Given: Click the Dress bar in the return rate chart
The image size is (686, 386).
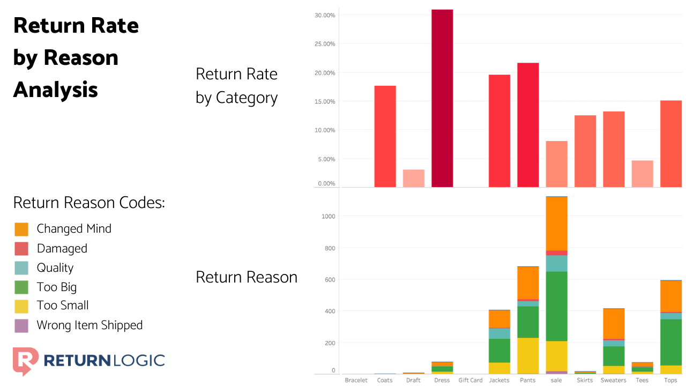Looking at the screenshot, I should tap(442, 99).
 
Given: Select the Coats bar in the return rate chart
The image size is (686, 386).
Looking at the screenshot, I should tap(385, 136).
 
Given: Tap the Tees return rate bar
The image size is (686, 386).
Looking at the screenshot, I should tap(642, 174).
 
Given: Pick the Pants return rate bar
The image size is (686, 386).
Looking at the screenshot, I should tap(528, 125).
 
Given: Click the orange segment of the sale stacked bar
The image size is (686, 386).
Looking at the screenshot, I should tap(556, 224).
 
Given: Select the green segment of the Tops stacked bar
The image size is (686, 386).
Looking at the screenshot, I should tap(670, 342).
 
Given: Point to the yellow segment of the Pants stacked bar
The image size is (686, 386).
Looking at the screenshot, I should tap(528, 355).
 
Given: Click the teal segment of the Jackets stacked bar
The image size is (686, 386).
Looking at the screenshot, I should tap(499, 333).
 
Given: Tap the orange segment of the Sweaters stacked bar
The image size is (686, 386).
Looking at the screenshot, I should tap(614, 323).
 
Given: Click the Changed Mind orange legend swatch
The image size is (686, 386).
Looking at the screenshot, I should tap(21, 229).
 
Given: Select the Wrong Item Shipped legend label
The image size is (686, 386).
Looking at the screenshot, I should tap(90, 325).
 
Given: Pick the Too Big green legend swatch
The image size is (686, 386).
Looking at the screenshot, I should tap(21, 287).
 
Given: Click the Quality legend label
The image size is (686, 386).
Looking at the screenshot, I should tap(55, 268).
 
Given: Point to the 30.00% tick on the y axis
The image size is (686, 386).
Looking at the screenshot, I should tap(325, 15).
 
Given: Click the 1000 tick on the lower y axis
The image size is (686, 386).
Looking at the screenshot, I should tap(329, 217).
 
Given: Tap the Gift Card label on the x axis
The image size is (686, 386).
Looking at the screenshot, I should tap(471, 380).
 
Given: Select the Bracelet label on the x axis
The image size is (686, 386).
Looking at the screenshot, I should tap(356, 380).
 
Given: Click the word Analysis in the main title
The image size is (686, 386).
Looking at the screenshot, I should tap(56, 90).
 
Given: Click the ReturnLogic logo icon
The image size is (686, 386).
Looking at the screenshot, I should tap(25, 361).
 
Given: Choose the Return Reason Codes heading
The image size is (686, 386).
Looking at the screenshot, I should tap(88, 203).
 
